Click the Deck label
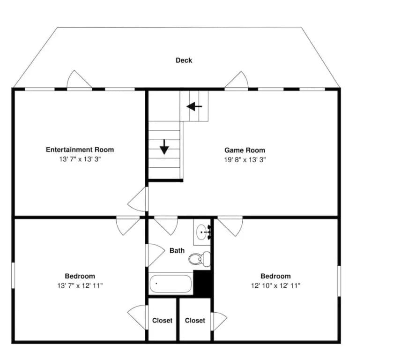click(x=184, y=60)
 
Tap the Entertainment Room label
click(x=80, y=150)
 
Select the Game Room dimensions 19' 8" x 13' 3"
click(x=245, y=160)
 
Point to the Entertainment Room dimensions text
click(x=80, y=159)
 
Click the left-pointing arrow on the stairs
click(x=194, y=106)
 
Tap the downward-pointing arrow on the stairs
click(x=164, y=147)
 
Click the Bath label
click(x=177, y=250)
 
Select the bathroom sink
click(x=202, y=232)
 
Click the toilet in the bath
click(x=200, y=259)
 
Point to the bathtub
click(x=171, y=284)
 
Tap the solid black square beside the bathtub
click(x=203, y=283)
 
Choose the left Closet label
click(x=162, y=321)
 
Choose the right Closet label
click(x=195, y=321)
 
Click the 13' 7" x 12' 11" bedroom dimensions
click(x=80, y=285)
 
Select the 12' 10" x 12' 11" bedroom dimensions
click(x=275, y=285)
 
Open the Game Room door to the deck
click(x=237, y=80)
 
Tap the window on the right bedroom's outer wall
click(x=339, y=281)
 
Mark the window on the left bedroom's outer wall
click(x=13, y=276)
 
